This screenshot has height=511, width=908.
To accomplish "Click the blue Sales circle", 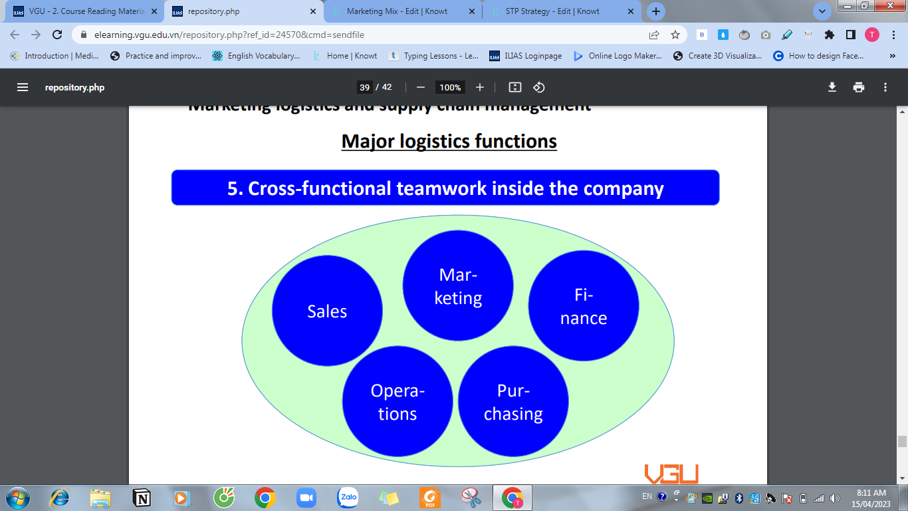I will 327,311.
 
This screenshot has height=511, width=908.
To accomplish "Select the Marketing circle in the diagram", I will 458,286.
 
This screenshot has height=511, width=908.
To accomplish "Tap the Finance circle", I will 583,306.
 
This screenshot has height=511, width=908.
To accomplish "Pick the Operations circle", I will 397,401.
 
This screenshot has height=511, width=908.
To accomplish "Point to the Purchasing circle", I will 513,401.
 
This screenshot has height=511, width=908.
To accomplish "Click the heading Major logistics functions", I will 449,141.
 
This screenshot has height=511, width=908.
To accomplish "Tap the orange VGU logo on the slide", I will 671,474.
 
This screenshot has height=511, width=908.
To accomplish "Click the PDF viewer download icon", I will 832,87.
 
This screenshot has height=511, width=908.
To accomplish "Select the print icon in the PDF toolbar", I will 859,87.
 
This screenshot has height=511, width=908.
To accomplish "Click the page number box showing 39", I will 364,87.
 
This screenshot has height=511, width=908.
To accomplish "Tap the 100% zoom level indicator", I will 450,87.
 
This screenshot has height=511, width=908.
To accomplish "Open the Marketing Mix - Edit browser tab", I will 397,11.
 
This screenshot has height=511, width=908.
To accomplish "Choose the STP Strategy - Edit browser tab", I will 552,11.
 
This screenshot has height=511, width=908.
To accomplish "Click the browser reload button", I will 57,35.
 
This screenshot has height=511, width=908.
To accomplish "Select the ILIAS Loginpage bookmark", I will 525,56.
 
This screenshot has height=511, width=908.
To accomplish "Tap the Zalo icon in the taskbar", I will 348,497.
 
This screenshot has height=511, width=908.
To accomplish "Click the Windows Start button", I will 17,497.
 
